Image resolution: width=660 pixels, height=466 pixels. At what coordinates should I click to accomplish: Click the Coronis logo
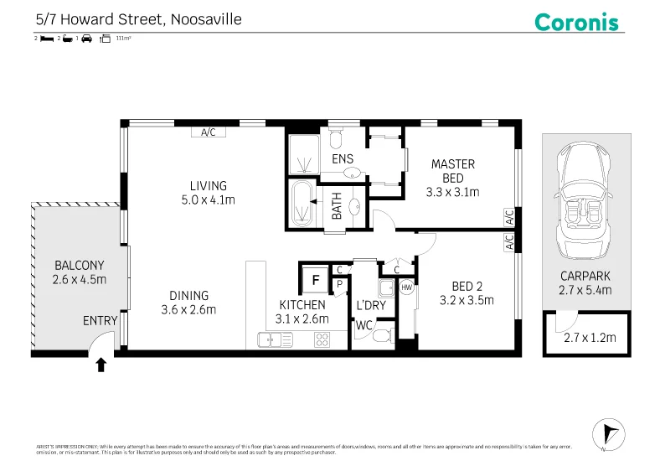point(576,21)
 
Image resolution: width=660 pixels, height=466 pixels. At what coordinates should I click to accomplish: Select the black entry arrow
point(101,365)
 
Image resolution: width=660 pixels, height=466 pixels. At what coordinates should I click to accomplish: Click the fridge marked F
point(316,279)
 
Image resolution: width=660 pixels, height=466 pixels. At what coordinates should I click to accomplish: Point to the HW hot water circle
point(407,287)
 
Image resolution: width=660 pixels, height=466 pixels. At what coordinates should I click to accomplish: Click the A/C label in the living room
point(208,132)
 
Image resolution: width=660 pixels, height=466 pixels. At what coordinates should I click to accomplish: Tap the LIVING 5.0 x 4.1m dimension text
point(208,193)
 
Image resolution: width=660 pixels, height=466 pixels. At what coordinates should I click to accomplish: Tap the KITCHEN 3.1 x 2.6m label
point(302,311)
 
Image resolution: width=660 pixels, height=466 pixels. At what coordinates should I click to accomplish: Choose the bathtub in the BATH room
point(302,205)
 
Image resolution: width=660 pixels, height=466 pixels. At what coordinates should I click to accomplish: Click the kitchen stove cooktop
point(322,339)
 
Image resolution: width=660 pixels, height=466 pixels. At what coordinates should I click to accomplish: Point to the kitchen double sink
point(276,339)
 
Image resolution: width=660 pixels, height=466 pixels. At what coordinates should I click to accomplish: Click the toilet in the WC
point(381,337)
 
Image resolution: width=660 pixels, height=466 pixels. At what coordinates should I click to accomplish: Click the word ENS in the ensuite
point(342,158)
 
